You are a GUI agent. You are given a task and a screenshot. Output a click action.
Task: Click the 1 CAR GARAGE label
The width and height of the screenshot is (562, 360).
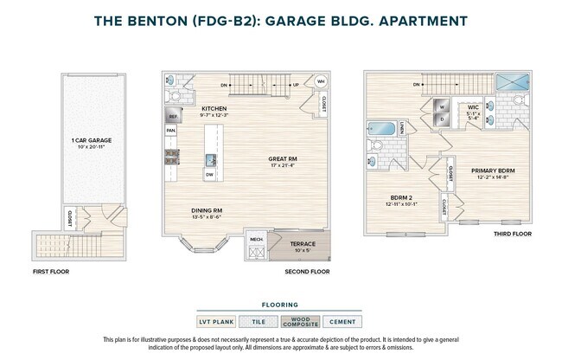point(91,139)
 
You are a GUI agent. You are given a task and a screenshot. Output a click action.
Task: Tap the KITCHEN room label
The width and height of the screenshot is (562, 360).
point(188,108)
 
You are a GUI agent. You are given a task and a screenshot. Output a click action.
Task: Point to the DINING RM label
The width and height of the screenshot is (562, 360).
point(207,210)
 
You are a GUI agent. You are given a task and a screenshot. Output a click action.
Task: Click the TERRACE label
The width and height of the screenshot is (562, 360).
point(302,244)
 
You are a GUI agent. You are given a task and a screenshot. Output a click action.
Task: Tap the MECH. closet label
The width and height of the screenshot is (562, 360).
point(256,239)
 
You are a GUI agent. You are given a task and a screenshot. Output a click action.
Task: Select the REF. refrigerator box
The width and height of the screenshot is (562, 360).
point(173,116)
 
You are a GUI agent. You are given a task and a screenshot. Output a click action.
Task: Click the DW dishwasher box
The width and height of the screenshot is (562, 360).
point(209,175)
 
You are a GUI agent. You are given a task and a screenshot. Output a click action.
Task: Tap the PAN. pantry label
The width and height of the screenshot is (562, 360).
point(170,132)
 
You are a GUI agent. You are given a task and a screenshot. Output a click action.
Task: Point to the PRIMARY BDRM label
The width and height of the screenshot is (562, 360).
point(494,170)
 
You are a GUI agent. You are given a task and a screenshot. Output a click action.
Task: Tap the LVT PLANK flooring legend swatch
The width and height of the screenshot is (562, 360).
point(217,321)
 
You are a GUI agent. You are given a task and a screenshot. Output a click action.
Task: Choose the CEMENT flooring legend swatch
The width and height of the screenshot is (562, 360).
point(343,321)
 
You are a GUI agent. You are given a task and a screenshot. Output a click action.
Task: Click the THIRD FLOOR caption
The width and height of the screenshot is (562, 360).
point(512,234)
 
